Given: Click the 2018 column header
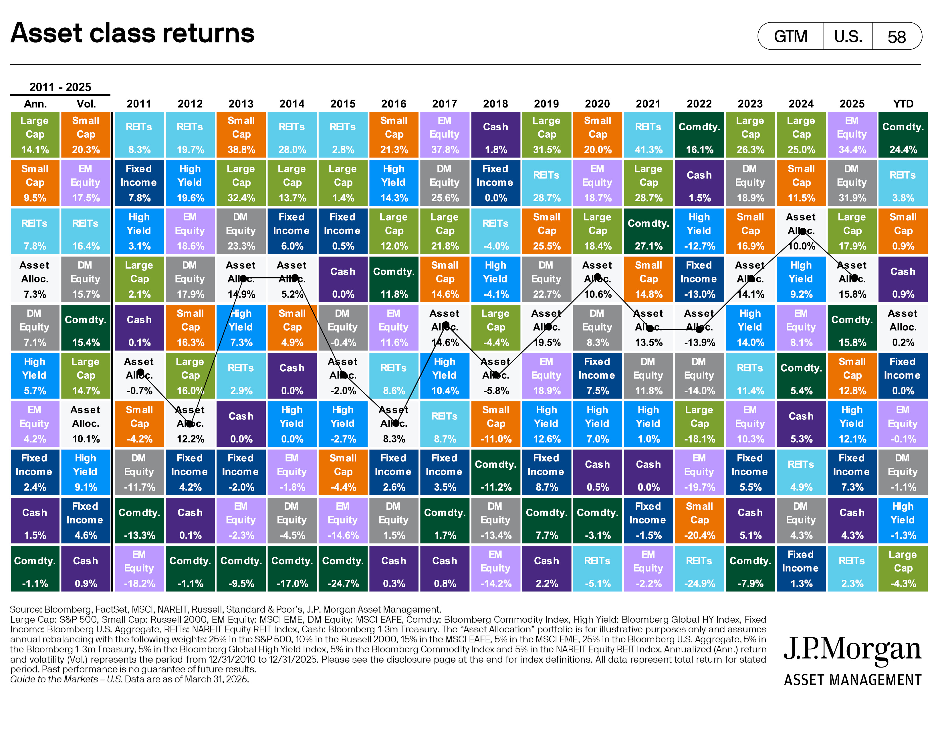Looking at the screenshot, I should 495,104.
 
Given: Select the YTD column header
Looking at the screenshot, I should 903,104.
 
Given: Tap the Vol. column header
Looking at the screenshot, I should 86,104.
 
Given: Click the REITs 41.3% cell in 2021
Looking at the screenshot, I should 648,135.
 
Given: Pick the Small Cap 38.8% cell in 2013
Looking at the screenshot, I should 241,135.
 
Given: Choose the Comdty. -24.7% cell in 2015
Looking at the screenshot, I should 343,568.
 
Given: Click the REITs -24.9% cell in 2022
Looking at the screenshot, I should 699,568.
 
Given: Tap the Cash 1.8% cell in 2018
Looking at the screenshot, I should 495,135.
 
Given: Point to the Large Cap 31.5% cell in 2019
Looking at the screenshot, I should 546,135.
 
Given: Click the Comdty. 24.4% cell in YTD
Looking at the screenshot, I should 903,135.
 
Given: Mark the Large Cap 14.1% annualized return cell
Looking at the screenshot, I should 35,135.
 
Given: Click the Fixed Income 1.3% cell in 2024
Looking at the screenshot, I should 801,568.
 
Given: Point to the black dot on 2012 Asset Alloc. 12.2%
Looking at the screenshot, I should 189,424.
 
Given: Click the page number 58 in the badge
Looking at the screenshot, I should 897,37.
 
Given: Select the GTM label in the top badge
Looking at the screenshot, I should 791,37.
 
